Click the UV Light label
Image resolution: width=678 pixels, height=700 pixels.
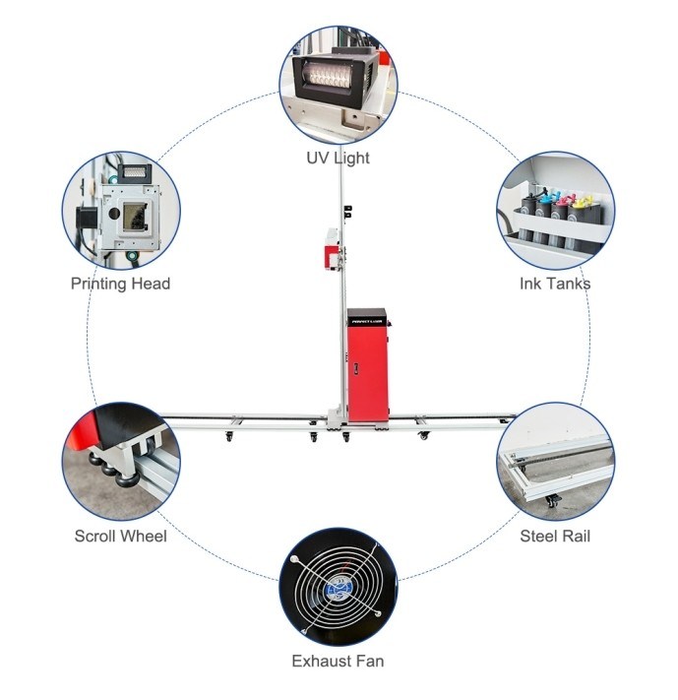(x=338, y=158)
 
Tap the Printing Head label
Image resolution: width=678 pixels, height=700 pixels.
(x=120, y=284)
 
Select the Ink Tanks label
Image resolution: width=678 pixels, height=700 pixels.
(x=555, y=284)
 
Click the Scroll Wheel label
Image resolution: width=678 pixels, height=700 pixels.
(x=120, y=537)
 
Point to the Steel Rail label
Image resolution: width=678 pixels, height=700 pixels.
(x=555, y=537)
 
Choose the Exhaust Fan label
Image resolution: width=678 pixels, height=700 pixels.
(x=338, y=661)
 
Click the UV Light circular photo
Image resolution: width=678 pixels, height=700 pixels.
(x=338, y=85)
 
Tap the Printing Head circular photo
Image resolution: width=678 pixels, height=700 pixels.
(x=120, y=210)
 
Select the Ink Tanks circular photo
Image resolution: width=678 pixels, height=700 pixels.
(x=555, y=210)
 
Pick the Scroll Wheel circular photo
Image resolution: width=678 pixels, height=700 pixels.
(x=120, y=460)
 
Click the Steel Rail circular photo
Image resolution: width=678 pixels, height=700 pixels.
(x=555, y=460)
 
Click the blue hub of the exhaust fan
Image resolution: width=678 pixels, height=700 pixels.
(x=338, y=586)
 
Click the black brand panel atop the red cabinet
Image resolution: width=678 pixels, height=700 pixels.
(x=368, y=317)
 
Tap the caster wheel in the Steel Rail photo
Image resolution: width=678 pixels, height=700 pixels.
(x=552, y=502)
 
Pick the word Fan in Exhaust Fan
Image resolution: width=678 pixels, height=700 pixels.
(x=370, y=661)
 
